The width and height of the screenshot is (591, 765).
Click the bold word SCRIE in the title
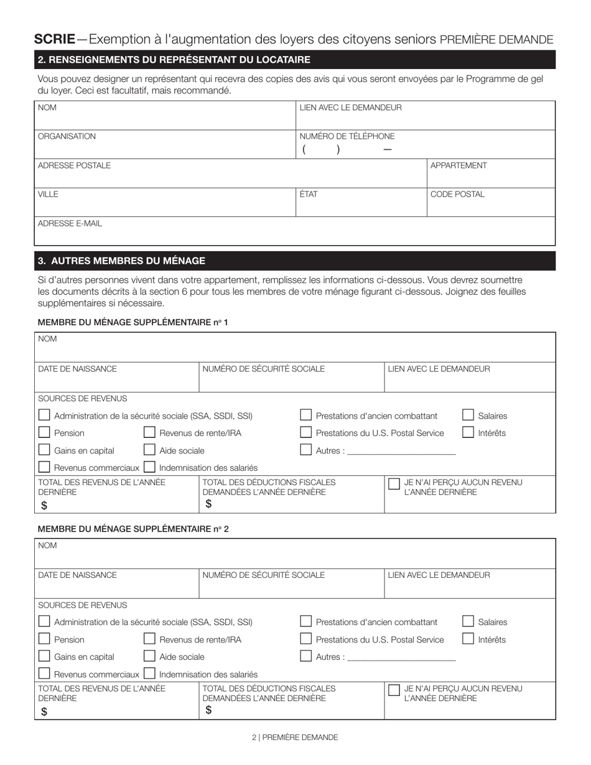pos(55,39)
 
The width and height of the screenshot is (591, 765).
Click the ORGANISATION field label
pos(67,136)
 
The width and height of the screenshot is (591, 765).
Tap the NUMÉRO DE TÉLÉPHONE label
pos(347,136)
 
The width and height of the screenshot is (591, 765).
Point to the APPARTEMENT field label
pos(458,165)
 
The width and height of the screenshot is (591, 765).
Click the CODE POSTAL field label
pos(457,194)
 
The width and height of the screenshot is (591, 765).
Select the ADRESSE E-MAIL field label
pos(70,223)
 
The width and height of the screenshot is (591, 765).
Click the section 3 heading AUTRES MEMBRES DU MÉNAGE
pos(122,261)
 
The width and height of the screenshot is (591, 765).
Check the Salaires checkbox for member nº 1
pos(468,415)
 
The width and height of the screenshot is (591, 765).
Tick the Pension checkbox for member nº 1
pos(44,433)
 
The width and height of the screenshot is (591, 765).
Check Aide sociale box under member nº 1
pos(149,450)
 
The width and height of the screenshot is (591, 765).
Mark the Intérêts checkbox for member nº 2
pos(468,639)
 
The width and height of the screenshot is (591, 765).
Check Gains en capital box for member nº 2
pos(44,656)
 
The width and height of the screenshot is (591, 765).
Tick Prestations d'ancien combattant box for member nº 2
pos(306,621)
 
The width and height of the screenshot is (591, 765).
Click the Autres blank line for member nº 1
pos(401,452)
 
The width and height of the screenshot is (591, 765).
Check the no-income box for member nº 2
pos(394,690)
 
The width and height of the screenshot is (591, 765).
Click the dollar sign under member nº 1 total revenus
pos(44,506)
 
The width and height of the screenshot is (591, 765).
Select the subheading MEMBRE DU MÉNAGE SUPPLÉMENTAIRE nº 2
pos(133,529)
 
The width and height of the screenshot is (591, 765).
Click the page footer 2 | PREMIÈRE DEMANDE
pos(295,737)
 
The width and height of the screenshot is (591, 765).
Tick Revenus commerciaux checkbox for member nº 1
pos(44,467)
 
